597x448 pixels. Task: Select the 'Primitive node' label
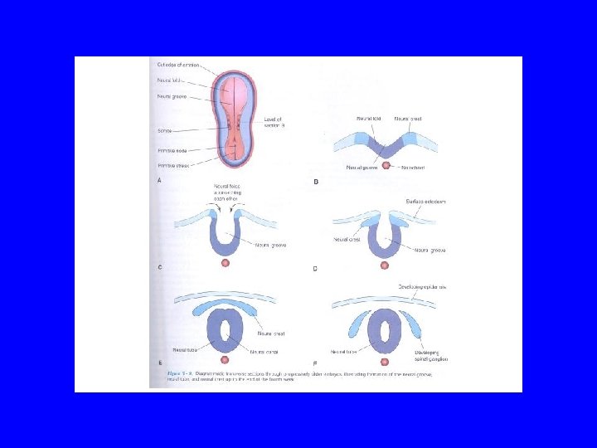coord(172,150)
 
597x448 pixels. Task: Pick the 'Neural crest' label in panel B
coord(408,119)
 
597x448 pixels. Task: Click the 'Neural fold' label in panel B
coord(368,119)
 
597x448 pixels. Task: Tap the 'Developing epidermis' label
coord(423,287)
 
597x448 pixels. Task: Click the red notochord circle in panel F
coord(384,362)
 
